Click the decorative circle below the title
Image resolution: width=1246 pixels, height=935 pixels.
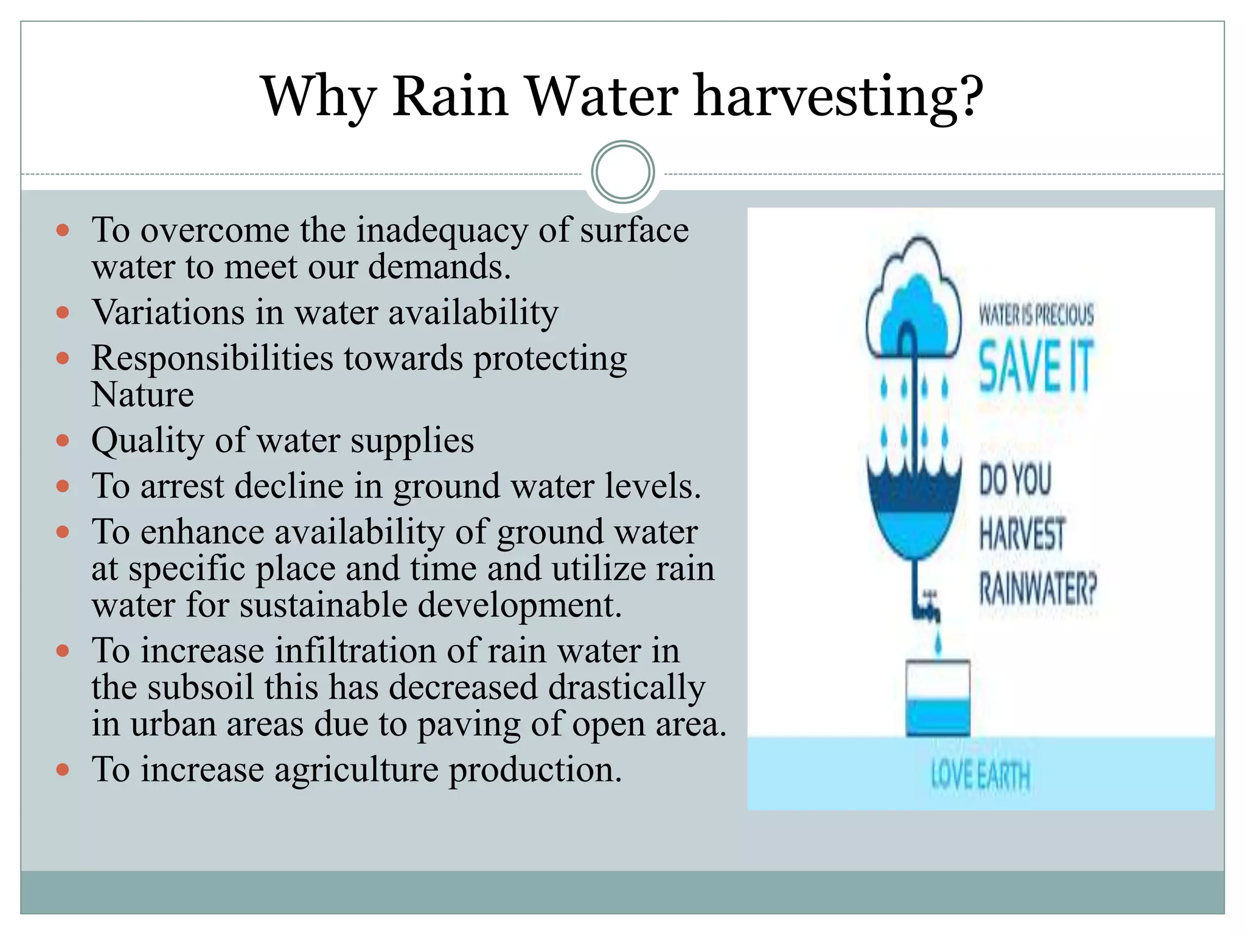point(622,172)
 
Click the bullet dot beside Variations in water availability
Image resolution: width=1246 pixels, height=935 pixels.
point(63,313)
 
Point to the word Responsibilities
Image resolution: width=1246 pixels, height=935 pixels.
point(212,358)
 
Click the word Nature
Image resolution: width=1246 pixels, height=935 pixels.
point(142,394)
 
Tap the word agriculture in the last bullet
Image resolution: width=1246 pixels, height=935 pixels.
point(355,769)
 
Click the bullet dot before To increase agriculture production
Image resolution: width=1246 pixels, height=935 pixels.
point(63,770)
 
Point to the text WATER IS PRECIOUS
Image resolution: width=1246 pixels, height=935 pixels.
point(1035,315)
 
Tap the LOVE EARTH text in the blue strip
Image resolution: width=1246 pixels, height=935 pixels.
point(980,776)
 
